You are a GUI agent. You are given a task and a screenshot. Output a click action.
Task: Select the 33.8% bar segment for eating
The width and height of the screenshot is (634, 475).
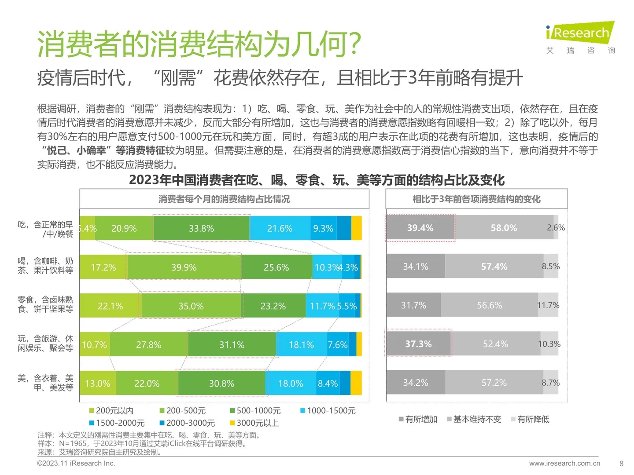tap(201, 228)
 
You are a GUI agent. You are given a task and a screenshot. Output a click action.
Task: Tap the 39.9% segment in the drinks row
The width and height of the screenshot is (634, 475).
tap(184, 267)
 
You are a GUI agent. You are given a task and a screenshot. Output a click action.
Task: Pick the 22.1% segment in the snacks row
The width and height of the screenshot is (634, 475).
tap(110, 306)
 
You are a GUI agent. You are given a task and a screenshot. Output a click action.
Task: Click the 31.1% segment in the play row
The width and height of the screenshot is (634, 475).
tap(232, 344)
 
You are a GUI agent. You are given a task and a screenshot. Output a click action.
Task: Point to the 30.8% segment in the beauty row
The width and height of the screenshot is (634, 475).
tap(221, 383)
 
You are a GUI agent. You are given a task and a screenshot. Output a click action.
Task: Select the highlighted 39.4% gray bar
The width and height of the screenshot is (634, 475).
tap(420, 228)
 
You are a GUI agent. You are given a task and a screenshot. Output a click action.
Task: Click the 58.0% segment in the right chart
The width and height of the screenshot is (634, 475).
tap(504, 228)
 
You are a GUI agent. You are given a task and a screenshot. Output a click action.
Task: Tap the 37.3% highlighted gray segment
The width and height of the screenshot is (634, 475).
tap(418, 343)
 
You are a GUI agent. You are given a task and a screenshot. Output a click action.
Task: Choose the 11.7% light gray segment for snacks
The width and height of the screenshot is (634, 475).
tap(548, 305)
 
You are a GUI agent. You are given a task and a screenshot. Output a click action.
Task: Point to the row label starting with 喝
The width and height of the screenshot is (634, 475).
tap(45, 266)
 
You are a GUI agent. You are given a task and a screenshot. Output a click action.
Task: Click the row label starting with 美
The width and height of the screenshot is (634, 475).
tap(45, 383)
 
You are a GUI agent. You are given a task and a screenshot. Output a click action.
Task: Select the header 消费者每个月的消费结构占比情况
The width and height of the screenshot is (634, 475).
tap(224, 199)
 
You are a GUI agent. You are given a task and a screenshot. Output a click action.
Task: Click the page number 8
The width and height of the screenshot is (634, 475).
tap(621, 464)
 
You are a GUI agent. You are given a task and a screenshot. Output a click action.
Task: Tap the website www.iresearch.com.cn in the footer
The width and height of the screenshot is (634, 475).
tap(564, 463)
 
